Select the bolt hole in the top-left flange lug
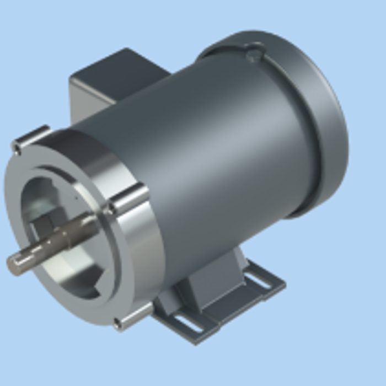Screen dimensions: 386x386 17,148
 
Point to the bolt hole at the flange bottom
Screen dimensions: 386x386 117,323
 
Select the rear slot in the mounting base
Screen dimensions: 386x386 258,278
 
